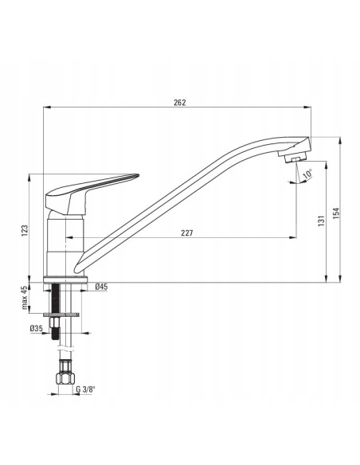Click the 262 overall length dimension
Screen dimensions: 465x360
(180, 101)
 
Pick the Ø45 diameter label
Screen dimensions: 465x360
(101, 287)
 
